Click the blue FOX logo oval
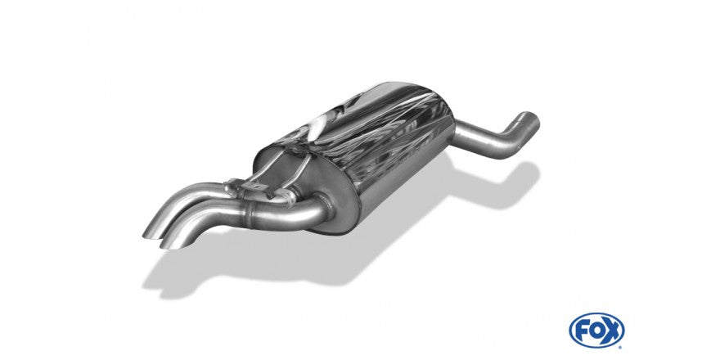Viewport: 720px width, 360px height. coord(596,331)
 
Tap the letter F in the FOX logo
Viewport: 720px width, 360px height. coord(583,331)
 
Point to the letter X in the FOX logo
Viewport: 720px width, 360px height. coord(611,331)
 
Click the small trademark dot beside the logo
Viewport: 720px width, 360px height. coord(620,347)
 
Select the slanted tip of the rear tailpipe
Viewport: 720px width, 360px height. coord(154,225)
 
